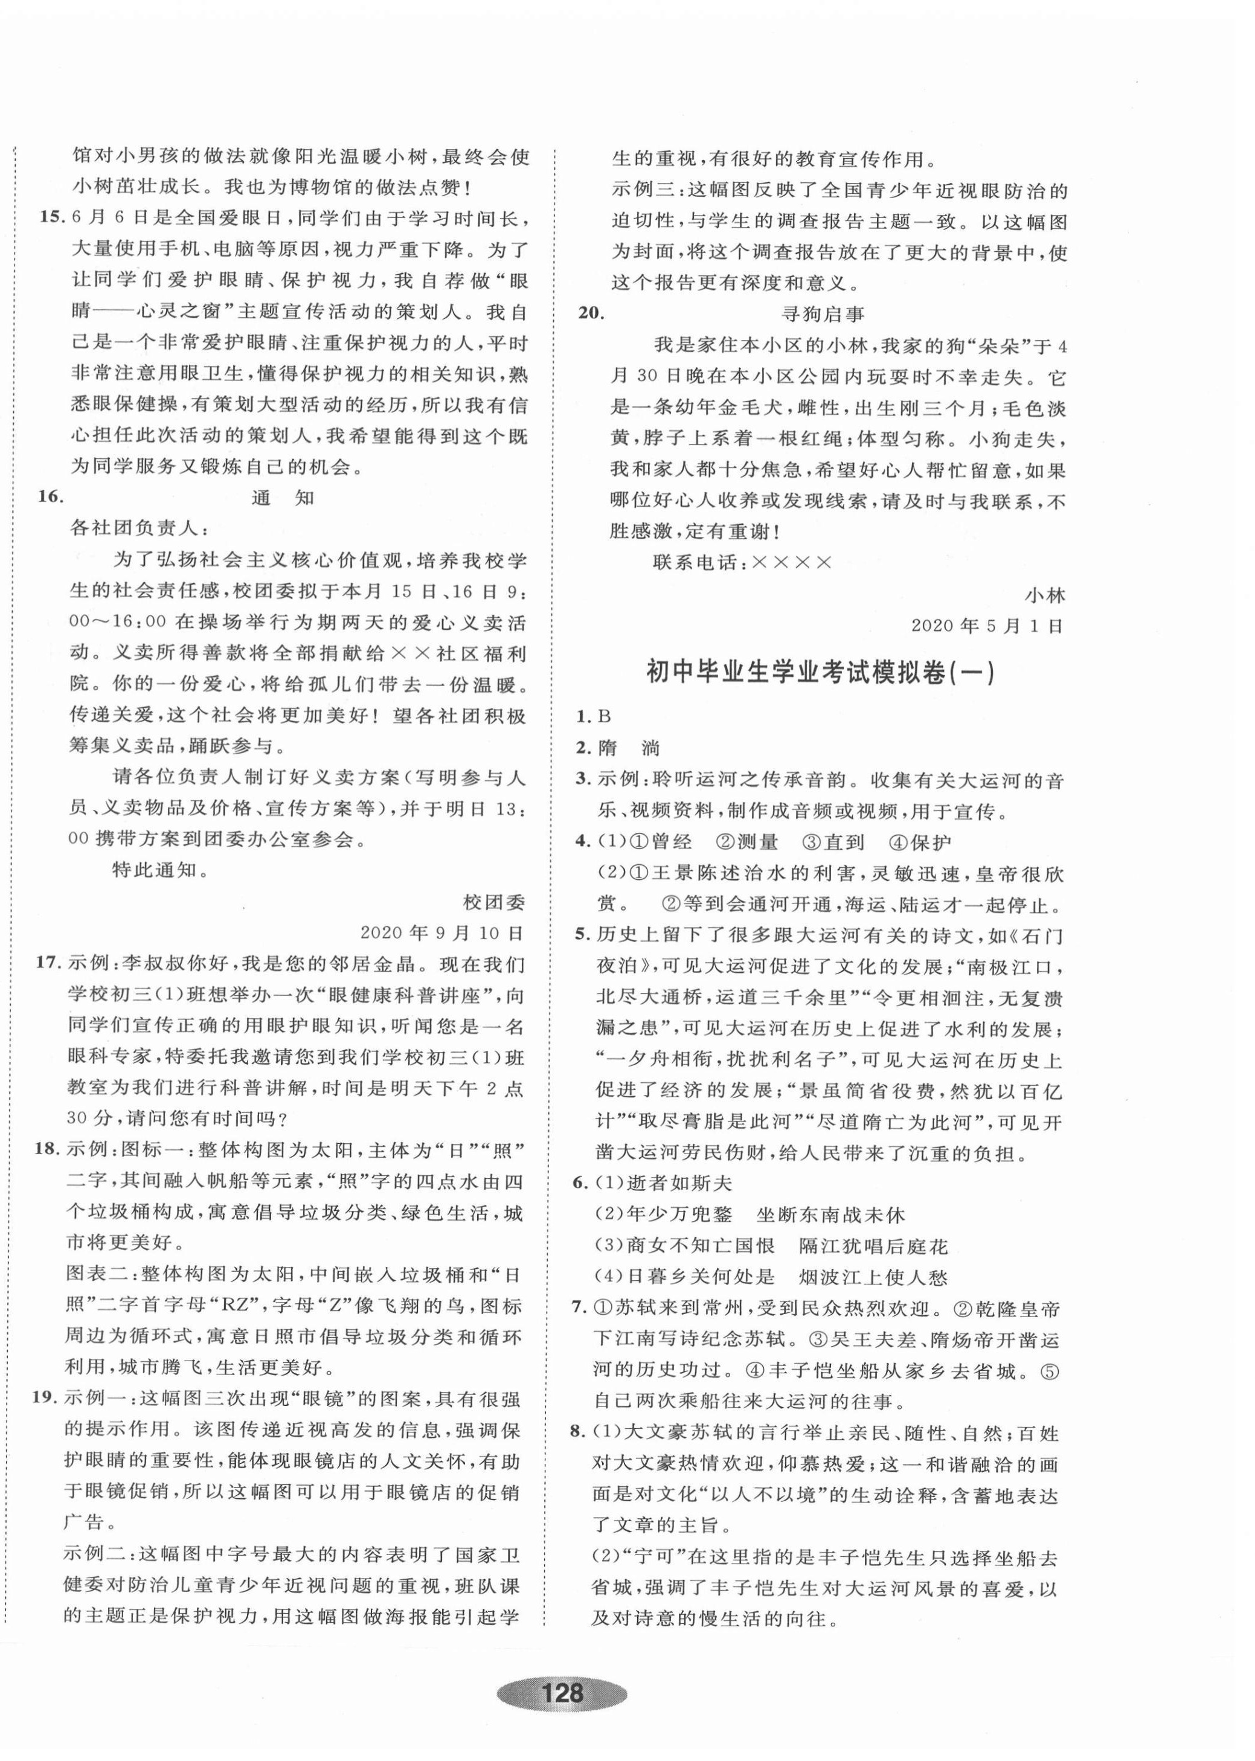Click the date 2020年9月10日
(x=442, y=932)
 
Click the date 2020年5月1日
(x=987, y=626)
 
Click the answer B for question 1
(x=605, y=716)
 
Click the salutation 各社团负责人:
(x=139, y=528)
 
